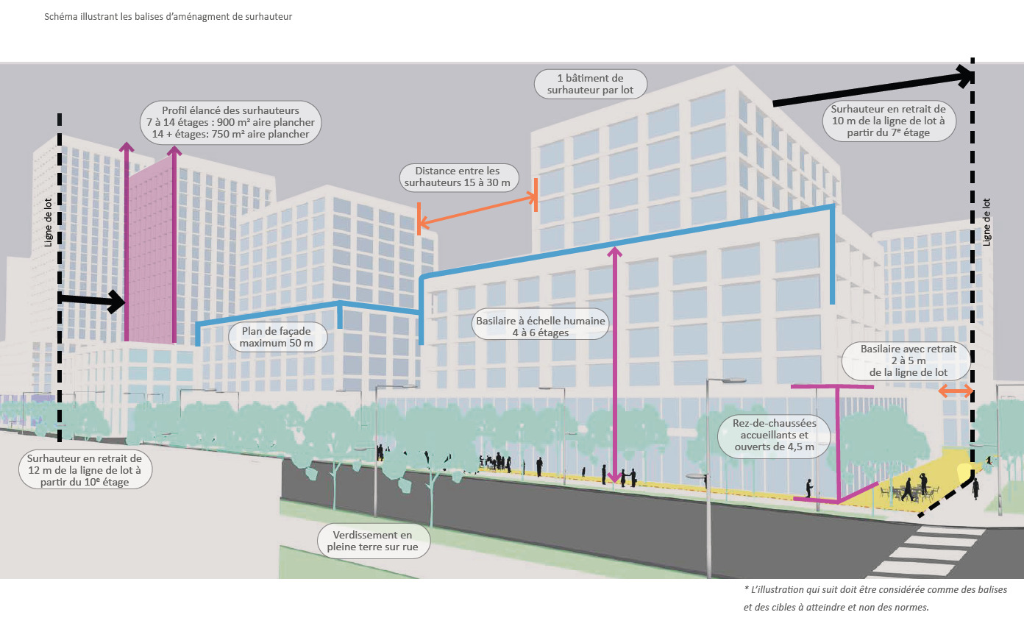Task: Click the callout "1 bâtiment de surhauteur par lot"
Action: pos(590,84)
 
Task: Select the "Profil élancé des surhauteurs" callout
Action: pos(230,123)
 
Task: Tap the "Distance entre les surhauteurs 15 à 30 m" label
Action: pos(458,177)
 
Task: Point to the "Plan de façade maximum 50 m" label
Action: pos(277,338)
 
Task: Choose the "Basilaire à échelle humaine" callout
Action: pos(541,327)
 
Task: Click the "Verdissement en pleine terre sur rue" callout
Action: pos(373,541)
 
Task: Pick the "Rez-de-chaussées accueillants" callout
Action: pos(774,436)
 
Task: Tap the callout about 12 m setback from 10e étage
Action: pos(85,470)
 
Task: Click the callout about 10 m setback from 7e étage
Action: pos(889,121)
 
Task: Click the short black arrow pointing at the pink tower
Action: pos(91,300)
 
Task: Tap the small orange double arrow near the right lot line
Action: pos(956,391)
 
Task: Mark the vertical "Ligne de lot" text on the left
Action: pos(48,223)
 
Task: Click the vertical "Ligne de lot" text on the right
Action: pos(986,222)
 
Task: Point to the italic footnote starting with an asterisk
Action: pos(875,598)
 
